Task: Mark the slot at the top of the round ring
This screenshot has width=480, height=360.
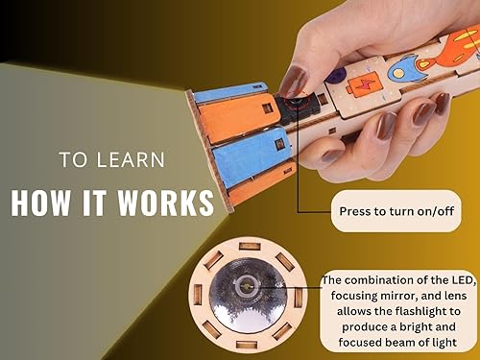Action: point(248,247)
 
